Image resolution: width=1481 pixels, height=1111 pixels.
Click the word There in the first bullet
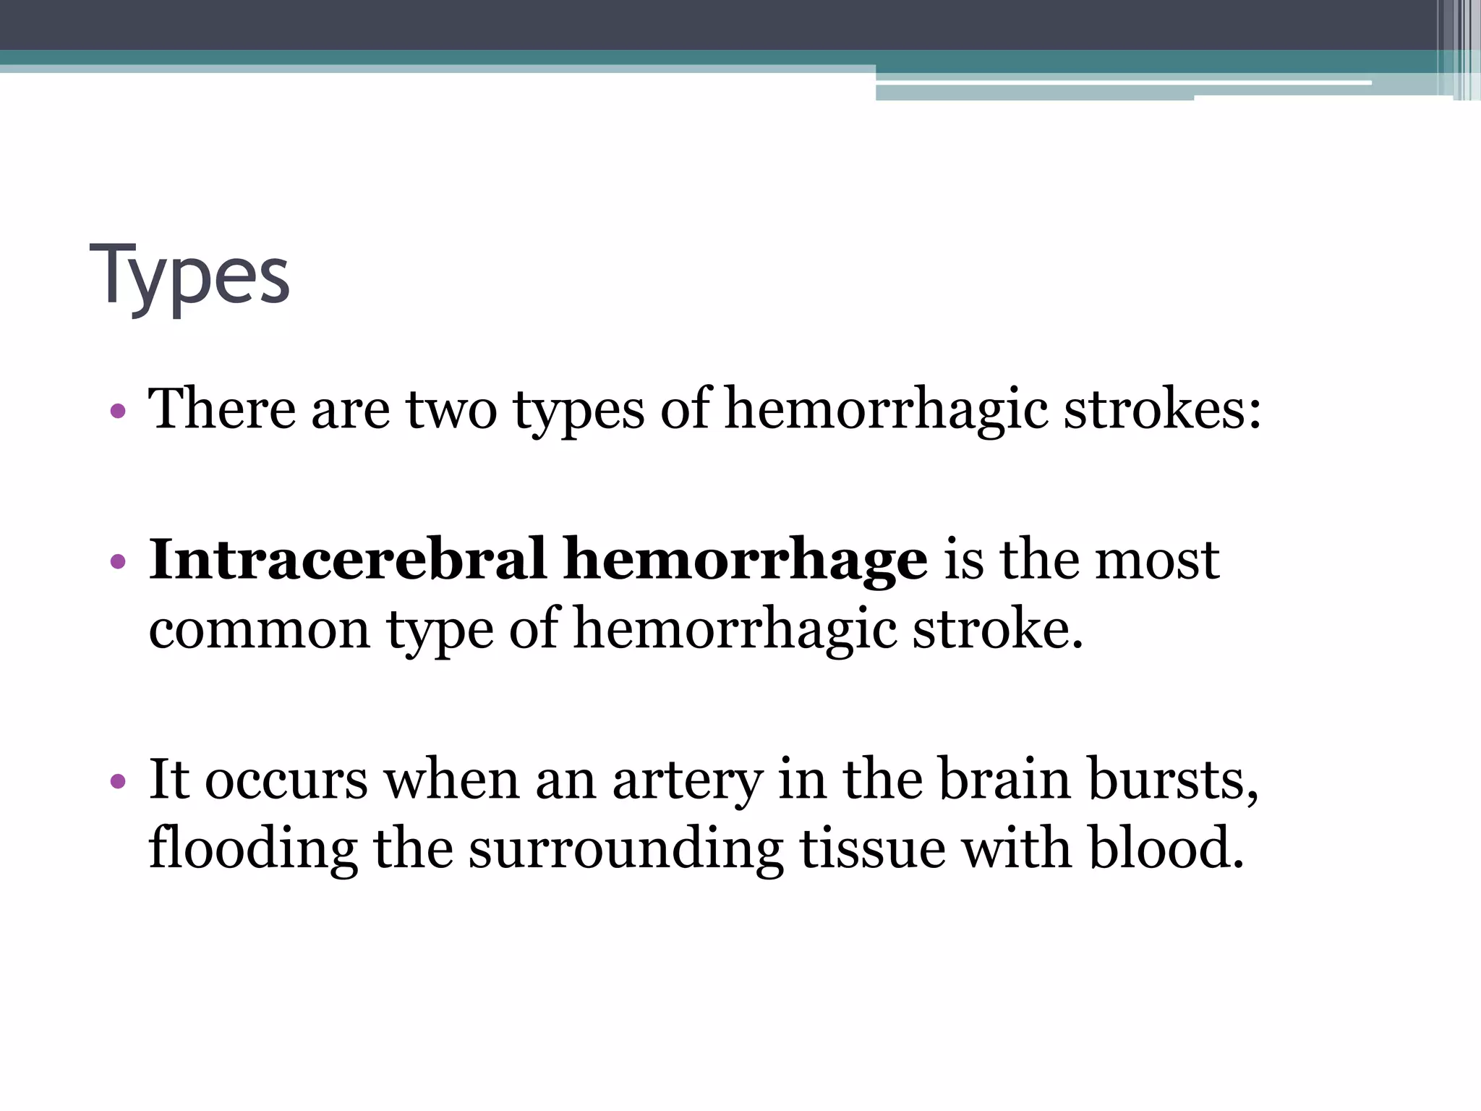(222, 409)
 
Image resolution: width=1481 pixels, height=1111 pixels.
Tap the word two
(451, 409)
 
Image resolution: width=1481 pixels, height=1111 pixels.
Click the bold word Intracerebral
(347, 559)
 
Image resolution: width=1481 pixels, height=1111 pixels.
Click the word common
(260, 629)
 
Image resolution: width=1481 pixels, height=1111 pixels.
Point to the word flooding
(252, 849)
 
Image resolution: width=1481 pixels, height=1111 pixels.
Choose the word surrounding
(626, 849)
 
